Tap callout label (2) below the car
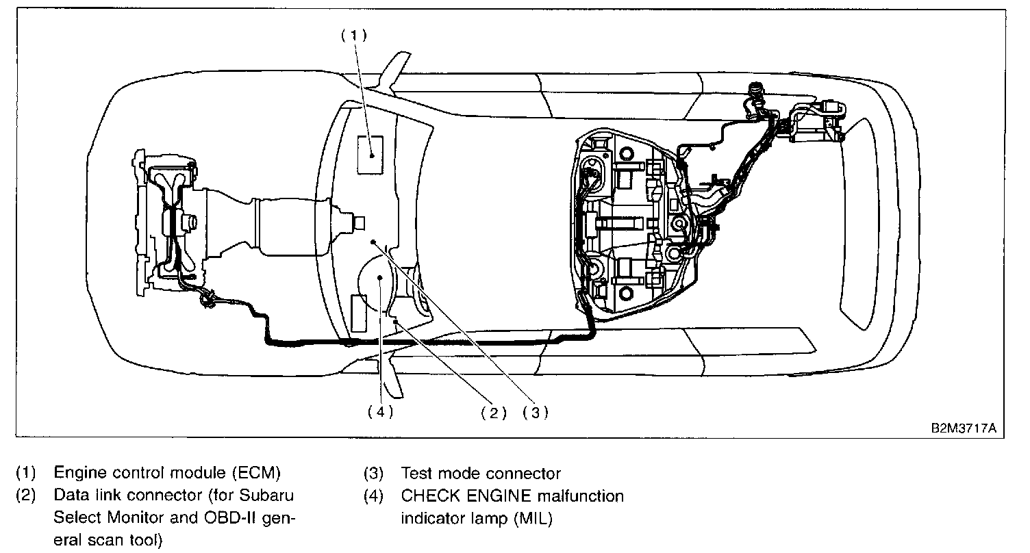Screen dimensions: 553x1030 (493, 413)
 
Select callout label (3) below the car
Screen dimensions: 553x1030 (536, 413)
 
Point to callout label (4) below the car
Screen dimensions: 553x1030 (380, 413)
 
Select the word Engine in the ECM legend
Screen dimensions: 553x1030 (77, 474)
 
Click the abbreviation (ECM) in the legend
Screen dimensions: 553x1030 (255, 474)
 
